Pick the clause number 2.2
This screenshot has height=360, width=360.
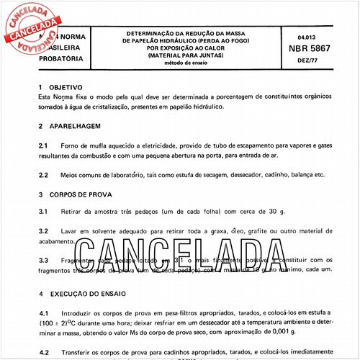(x=42, y=174)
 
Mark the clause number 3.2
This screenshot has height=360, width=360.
(x=42, y=231)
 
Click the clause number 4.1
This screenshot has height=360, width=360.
(x=42, y=314)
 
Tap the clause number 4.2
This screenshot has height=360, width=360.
(x=42, y=353)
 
